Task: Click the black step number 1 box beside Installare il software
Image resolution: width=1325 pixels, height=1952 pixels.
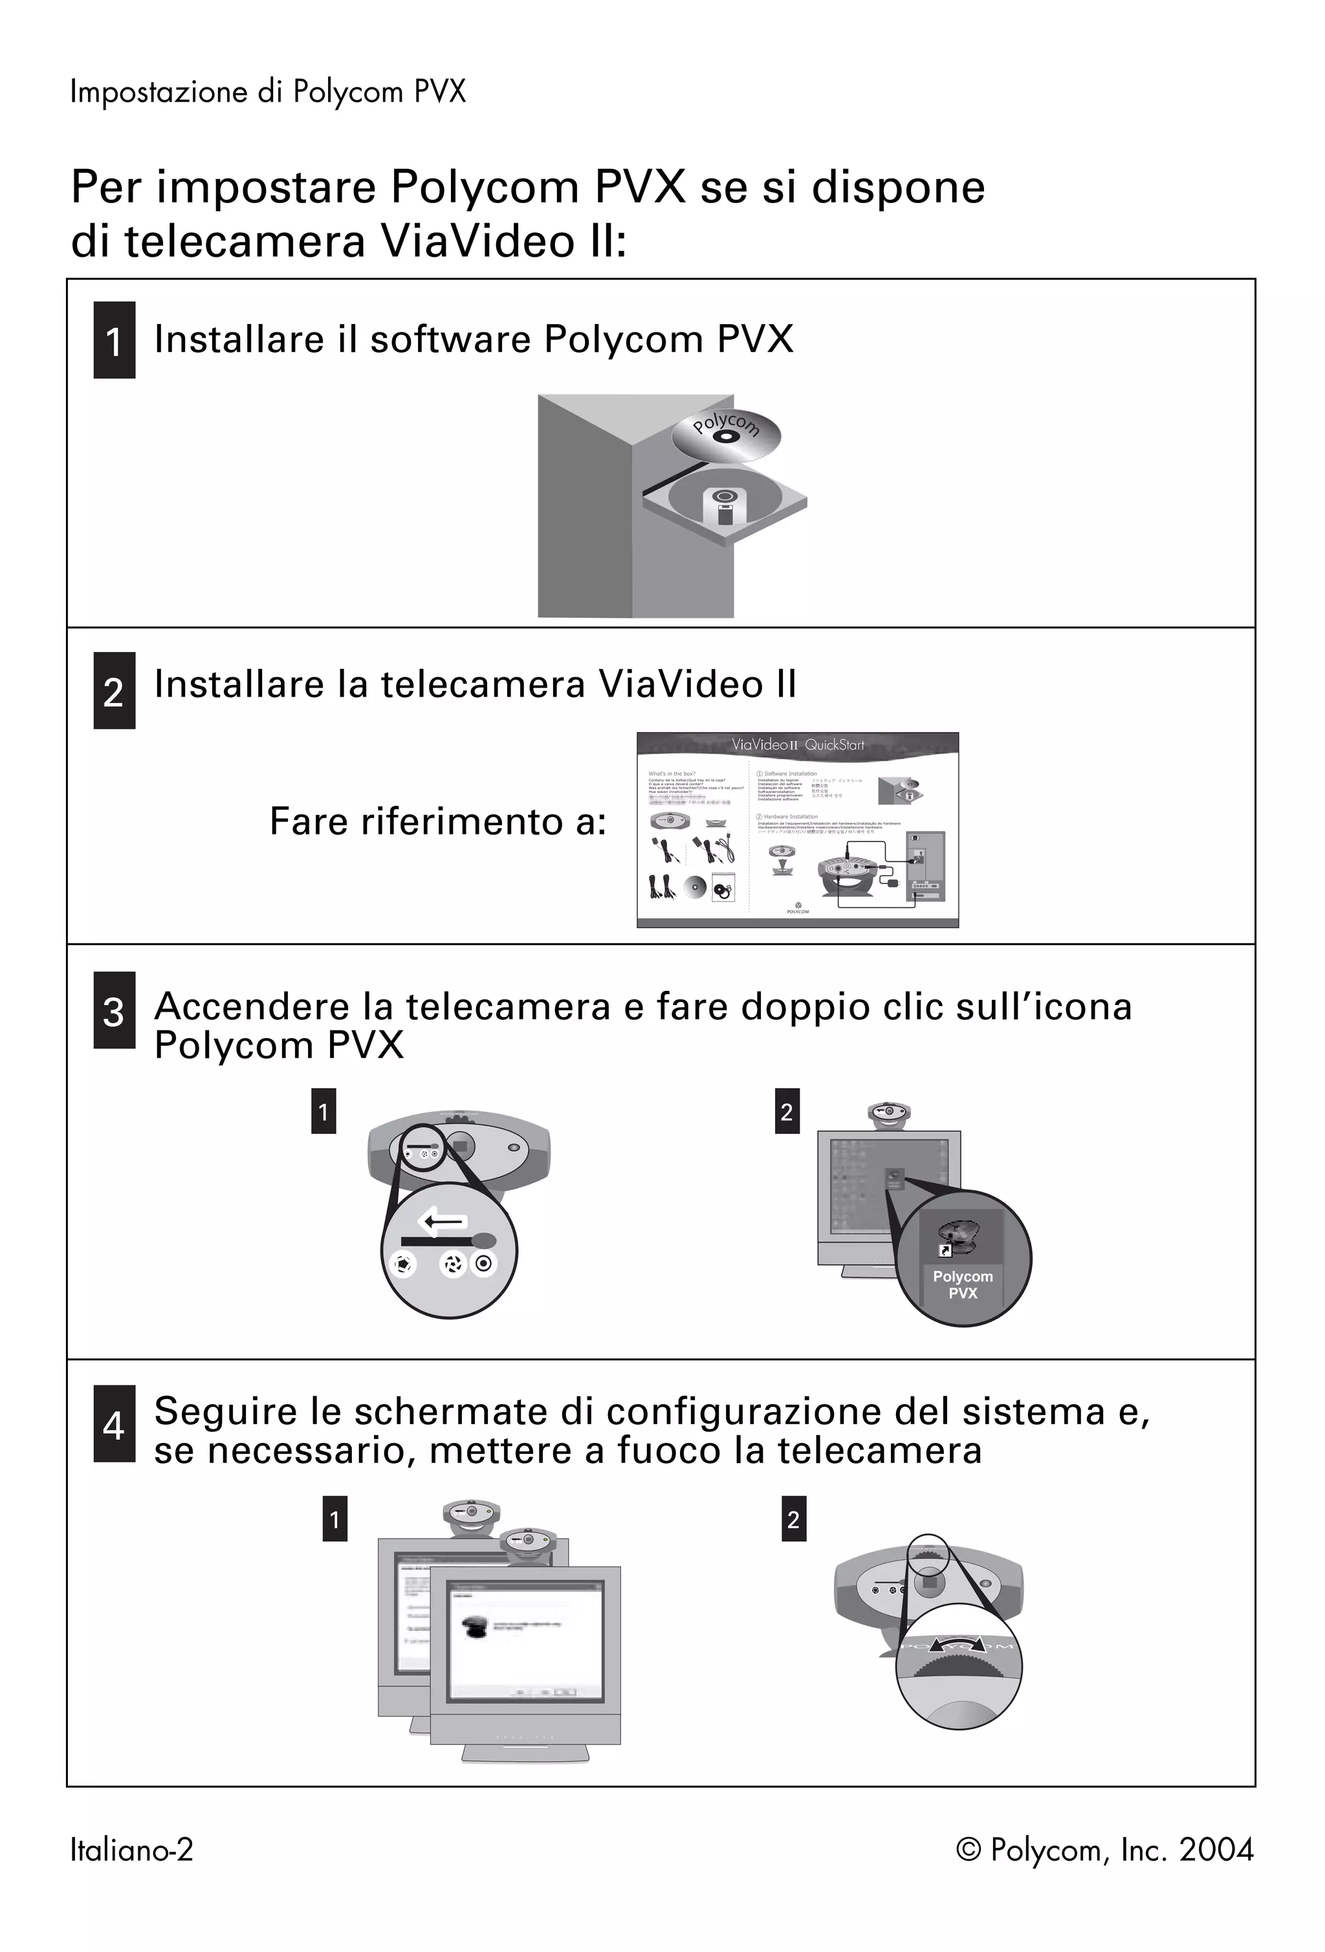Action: coord(115,340)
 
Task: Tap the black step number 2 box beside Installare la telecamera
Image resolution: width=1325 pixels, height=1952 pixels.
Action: coord(115,690)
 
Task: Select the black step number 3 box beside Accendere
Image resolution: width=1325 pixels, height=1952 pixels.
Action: coord(115,1010)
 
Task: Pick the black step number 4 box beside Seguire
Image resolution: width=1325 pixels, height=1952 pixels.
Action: coord(115,1424)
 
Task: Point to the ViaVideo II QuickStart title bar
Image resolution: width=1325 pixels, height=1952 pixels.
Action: coord(796,744)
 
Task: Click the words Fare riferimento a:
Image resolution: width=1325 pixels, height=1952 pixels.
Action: coord(438,821)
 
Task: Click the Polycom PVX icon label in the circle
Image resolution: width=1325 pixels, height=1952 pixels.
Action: coord(963,1285)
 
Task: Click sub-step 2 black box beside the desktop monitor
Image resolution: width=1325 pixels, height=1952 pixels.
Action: coord(787,1111)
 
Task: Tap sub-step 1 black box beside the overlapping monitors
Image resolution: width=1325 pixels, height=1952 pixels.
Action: coord(334,1519)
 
